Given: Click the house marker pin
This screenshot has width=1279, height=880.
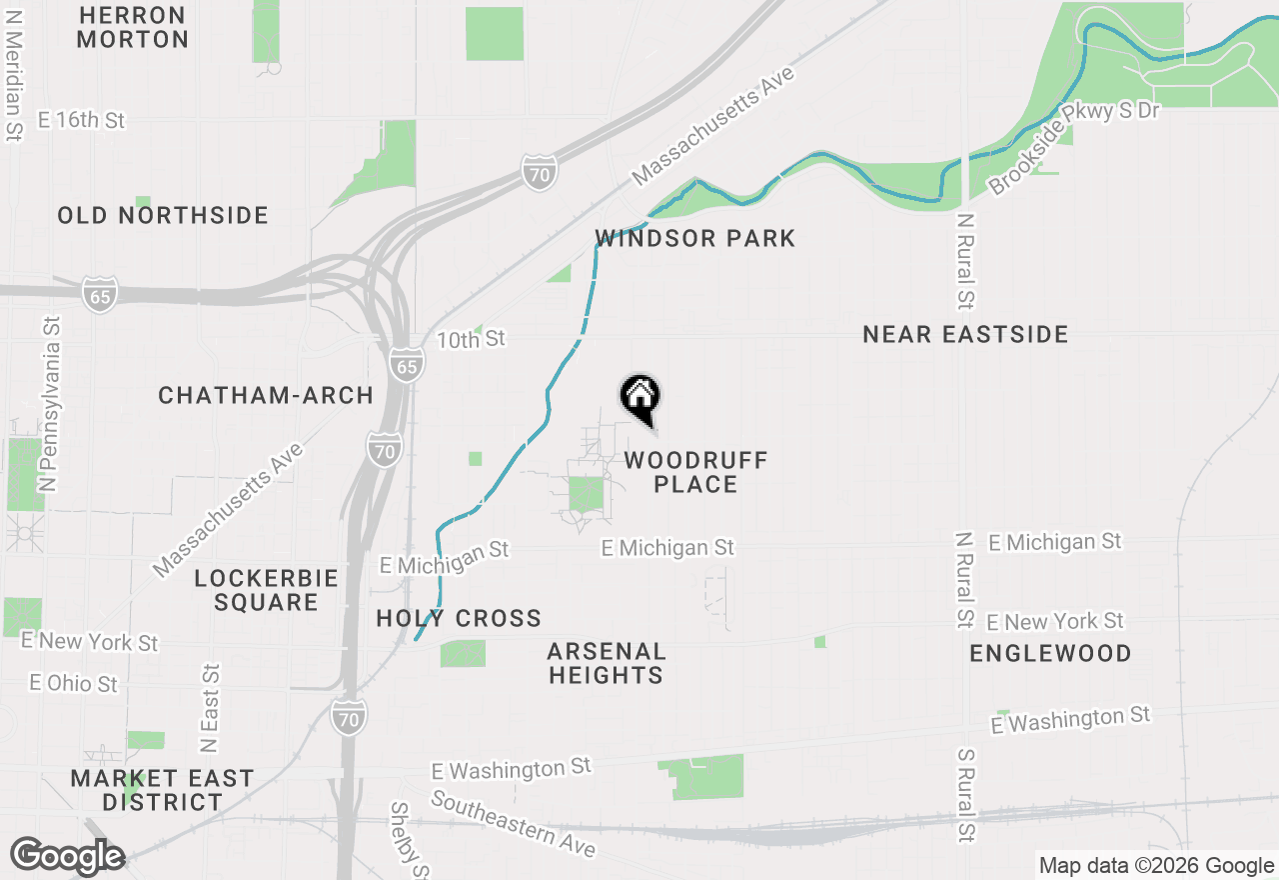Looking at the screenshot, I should tap(640, 397).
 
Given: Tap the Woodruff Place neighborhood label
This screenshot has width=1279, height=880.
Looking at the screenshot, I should tap(695, 472).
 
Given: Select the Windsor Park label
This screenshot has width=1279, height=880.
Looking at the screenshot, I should tap(694, 238).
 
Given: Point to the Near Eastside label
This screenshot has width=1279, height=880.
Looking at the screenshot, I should tap(965, 334).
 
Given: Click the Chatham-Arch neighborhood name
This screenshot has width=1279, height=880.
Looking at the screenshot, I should tap(266, 395).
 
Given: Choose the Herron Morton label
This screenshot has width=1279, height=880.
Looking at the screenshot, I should tap(132, 27).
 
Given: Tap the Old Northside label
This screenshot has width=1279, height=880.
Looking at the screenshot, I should tap(163, 215).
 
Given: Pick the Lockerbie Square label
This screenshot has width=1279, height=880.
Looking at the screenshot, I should tap(266, 590).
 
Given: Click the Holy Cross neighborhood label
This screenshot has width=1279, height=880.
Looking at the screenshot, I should tap(459, 618).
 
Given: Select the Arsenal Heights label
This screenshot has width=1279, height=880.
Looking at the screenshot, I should tap(606, 663).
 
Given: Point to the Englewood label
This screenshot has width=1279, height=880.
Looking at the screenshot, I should tap(1050, 653).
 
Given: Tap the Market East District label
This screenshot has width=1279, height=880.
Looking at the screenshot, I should tap(162, 789).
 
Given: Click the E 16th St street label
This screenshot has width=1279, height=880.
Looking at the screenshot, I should tap(81, 120).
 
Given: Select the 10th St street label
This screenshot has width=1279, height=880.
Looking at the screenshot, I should tap(471, 339).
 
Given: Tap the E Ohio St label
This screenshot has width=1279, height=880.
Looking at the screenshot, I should tap(73, 684).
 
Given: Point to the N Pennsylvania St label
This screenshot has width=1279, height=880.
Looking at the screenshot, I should tap(49, 404).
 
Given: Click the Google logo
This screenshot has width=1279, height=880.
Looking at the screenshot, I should tap(67, 856).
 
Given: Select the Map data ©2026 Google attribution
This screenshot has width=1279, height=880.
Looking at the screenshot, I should tap(1156, 866).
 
